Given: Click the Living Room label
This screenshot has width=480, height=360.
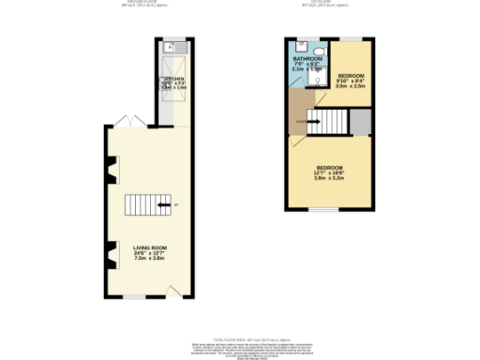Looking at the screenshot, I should [x=149, y=247].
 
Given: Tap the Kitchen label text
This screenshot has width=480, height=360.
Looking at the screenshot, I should [x=175, y=79].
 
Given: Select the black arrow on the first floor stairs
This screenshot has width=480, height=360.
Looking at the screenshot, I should [x=314, y=121].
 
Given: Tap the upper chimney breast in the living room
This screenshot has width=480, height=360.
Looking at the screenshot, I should [x=112, y=172].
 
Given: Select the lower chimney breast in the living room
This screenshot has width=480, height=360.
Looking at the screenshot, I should [x=112, y=252].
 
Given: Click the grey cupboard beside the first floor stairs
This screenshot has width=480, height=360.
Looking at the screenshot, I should [x=359, y=121].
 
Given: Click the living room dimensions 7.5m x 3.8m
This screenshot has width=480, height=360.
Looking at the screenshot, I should [x=149, y=259].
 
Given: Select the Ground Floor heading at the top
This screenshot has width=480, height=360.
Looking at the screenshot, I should [x=142, y=3].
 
